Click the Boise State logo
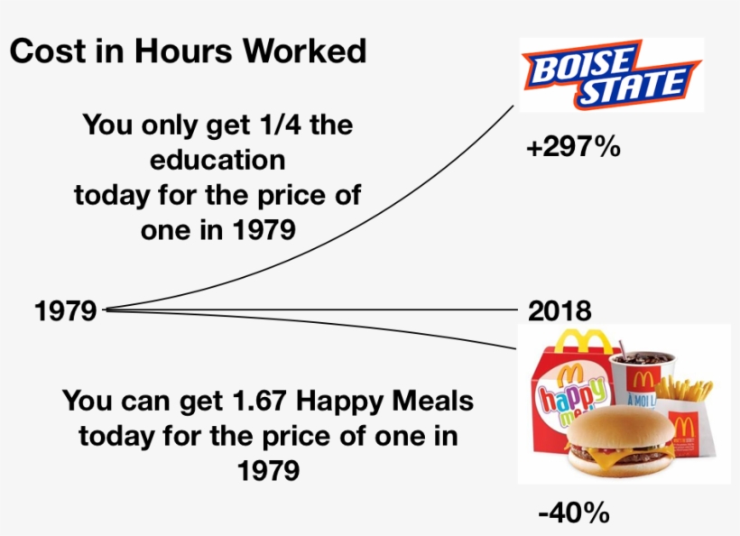click(x=611, y=75)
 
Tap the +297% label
click(x=574, y=147)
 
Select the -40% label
click(x=574, y=513)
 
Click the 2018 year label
click(x=560, y=311)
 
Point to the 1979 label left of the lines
click(x=65, y=311)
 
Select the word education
click(x=217, y=160)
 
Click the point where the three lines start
click(x=106, y=310)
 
